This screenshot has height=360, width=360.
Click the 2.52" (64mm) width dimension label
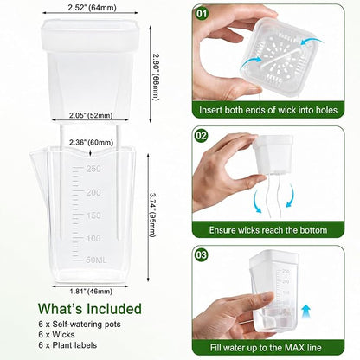point(92,8)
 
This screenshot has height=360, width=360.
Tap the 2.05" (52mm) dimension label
point(91,115)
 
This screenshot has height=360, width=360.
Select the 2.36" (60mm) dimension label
point(91,143)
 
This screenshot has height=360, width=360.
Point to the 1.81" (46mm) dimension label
point(91,292)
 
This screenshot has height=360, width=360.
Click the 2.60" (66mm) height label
point(156,77)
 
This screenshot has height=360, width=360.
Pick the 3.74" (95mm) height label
point(152,215)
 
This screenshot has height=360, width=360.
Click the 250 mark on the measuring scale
point(93,169)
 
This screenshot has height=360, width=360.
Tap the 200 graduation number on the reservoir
point(93,192)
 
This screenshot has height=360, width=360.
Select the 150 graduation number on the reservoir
point(93,215)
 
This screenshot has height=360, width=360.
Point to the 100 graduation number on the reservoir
point(93,239)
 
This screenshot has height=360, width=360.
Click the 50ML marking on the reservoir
point(96,260)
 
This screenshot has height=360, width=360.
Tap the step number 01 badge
point(202,14)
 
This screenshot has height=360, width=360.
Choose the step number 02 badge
point(202,135)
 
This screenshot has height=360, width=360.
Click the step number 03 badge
point(202,255)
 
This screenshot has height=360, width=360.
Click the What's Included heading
point(90,309)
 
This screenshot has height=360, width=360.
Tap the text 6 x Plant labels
point(67,345)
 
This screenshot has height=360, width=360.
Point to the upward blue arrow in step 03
point(306,312)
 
